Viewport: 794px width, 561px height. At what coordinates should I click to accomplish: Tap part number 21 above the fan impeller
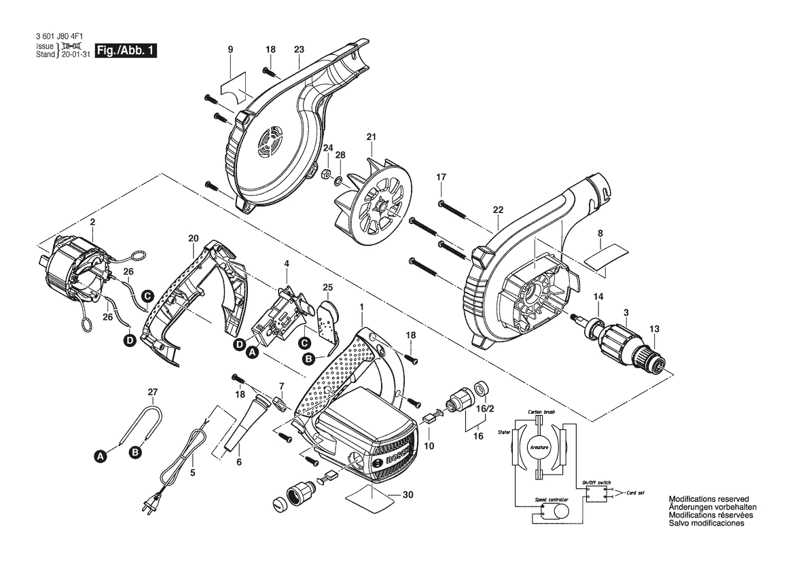371,137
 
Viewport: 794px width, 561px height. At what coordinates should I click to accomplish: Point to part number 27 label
152,392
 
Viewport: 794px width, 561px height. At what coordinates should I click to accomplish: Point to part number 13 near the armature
654,329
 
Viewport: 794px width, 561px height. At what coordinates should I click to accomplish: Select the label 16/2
486,410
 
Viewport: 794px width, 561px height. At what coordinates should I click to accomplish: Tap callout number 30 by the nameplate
408,495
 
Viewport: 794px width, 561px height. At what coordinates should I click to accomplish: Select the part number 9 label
230,50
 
